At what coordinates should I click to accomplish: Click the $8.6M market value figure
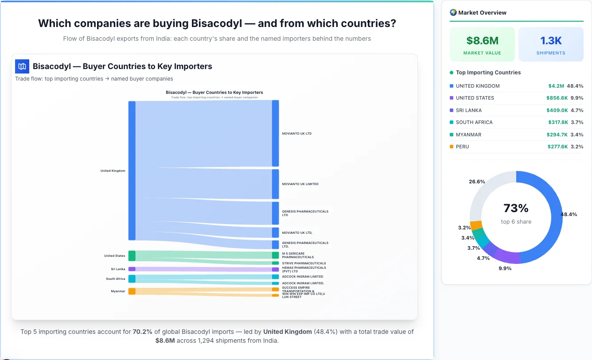[482, 41]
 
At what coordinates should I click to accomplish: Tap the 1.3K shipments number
[551, 41]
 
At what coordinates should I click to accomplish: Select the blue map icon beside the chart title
[22, 66]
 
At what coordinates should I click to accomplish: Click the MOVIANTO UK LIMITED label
[300, 184]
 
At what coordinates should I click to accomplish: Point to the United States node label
[114, 256]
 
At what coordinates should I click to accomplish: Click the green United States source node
[132, 256]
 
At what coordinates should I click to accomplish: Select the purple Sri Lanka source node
[132, 269]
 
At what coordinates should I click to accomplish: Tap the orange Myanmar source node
[132, 291]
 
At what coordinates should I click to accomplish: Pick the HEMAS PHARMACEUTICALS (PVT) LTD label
[304, 269]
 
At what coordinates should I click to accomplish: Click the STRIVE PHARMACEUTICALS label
[304, 263]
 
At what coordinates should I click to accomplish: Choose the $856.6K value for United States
[557, 98]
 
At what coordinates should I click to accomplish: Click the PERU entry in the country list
[462, 147]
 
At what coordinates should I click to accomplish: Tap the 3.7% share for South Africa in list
[577, 122]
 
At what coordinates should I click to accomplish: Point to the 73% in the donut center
[516, 208]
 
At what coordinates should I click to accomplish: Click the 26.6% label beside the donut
[477, 182]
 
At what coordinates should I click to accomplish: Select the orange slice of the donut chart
[476, 225]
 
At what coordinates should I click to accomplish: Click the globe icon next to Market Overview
[453, 12]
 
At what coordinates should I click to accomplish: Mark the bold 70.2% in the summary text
[142, 332]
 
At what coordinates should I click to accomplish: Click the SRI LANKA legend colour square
[452, 110]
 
